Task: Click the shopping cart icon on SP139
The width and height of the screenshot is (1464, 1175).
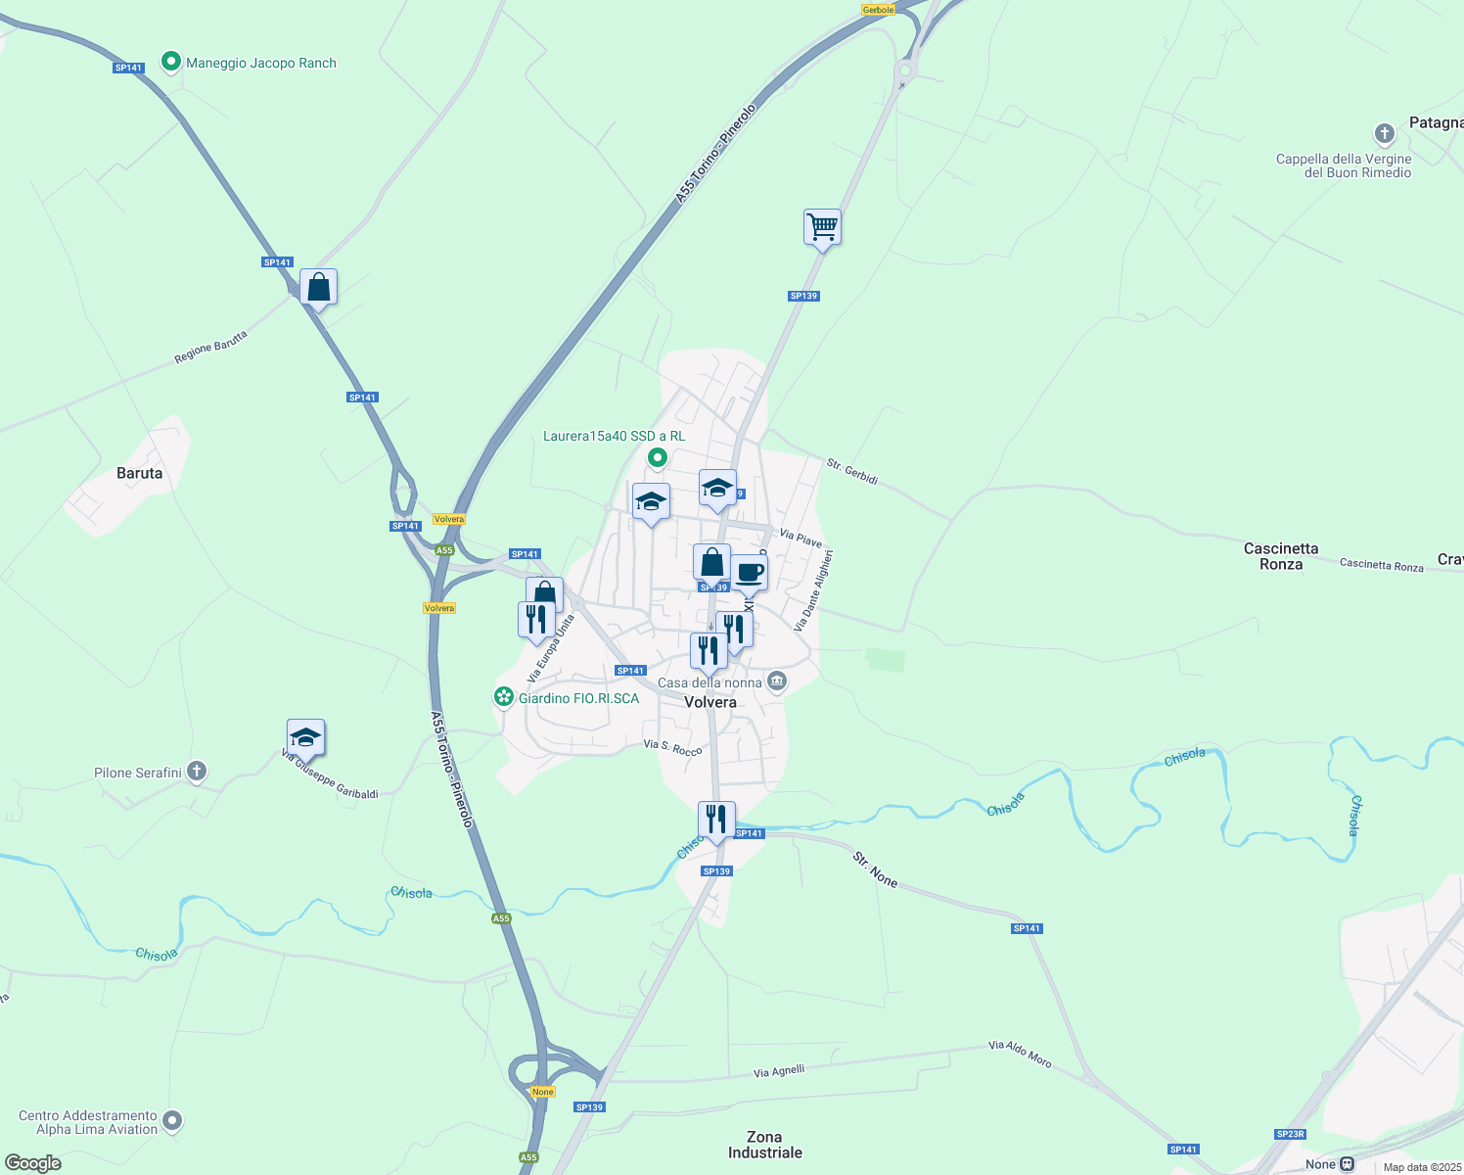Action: [x=822, y=227]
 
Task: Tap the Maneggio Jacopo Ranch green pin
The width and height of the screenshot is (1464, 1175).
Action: [x=171, y=63]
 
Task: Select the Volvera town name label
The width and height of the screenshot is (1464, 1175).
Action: [x=710, y=702]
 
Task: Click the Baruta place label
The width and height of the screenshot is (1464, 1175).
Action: [x=140, y=473]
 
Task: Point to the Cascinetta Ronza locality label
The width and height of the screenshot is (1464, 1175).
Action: [x=1281, y=556]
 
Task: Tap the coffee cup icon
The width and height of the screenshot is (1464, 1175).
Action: [x=750, y=573]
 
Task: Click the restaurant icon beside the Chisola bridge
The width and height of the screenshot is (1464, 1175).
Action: [x=716, y=820]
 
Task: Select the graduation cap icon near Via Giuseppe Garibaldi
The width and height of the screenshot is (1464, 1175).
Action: [x=305, y=737]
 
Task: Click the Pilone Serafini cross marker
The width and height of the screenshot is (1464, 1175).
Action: [x=197, y=773]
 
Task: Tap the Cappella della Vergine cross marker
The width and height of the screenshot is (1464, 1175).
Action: [x=1384, y=133]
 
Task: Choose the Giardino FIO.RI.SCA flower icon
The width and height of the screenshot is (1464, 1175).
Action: [x=504, y=697]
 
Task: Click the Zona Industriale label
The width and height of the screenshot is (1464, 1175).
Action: [x=764, y=1145]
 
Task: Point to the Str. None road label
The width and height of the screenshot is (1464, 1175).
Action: [x=875, y=869]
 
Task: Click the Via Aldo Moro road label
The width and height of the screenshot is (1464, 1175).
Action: [x=1020, y=1054]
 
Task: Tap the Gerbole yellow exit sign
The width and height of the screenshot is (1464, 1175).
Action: [x=878, y=10]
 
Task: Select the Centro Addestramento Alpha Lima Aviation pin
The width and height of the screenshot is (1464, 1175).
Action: [x=172, y=1120]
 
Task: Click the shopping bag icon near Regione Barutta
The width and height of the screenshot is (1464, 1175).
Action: [x=318, y=288]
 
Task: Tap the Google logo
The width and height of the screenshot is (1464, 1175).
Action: [x=33, y=1163]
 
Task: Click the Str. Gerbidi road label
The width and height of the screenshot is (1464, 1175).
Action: [x=852, y=471]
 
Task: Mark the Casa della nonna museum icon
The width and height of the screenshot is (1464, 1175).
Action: [x=777, y=681]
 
